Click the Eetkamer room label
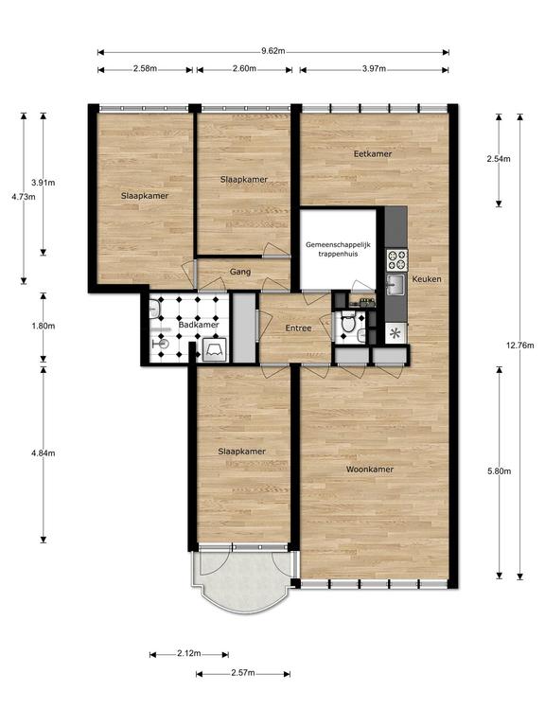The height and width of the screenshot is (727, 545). tap(373, 154)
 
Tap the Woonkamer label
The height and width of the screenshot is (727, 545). tap(370, 470)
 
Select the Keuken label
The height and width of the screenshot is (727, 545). tap(427, 279)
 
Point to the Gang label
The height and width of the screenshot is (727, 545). tap(240, 272)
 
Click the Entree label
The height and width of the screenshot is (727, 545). tap(298, 328)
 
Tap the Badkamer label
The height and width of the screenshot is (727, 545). tap(199, 325)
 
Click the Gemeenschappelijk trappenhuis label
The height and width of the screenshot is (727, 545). tap(338, 249)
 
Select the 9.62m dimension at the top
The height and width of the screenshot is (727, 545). tap(272, 51)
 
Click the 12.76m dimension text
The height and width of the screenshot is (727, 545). tap(520, 346)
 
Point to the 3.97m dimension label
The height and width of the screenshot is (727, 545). tap(374, 68)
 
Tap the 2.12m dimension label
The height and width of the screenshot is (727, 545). tap(189, 654)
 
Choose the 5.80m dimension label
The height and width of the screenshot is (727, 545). tap(500, 471)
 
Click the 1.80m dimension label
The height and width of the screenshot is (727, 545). tap(44, 327)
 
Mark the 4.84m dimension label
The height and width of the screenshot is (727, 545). tap(44, 453)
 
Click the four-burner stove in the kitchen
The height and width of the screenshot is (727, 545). tap(397, 260)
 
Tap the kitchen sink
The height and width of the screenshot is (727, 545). tap(396, 284)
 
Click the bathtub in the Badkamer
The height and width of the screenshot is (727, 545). tap(215, 349)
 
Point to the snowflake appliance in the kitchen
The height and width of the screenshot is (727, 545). tap(396, 333)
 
